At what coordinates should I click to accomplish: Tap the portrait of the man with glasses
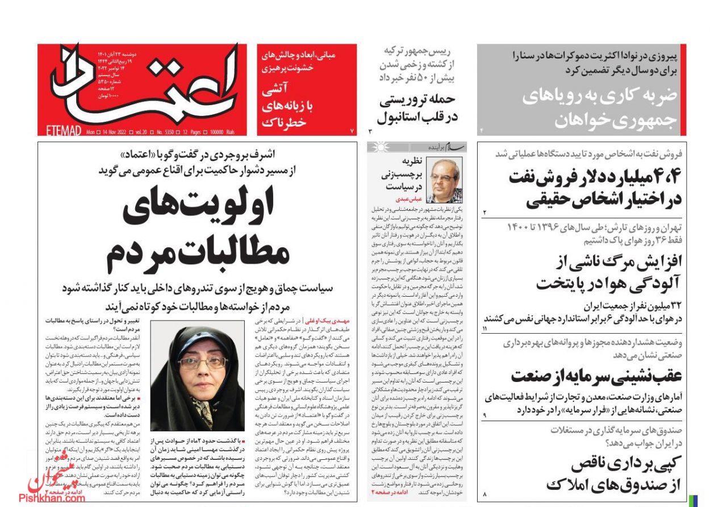444,181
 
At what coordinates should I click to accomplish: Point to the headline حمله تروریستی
418,99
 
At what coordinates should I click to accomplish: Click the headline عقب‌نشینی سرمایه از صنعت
597,376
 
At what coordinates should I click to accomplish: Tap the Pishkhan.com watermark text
52,498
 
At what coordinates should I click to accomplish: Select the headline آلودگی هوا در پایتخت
608,281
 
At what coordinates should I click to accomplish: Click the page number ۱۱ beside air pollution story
485,329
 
